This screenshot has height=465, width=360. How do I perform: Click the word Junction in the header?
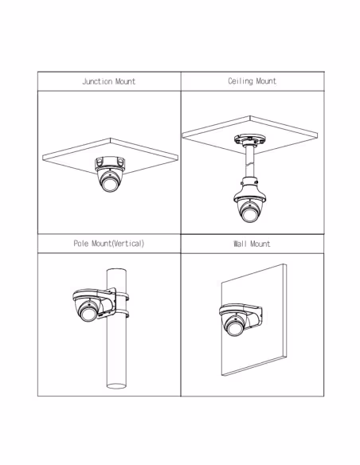pos(97,81)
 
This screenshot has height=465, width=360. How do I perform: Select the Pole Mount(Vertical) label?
pos(109,244)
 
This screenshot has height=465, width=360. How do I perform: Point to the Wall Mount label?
pos(252,244)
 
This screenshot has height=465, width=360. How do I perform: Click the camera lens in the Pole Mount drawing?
pos(88,314)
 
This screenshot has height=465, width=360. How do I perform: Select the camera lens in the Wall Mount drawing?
pos(234,329)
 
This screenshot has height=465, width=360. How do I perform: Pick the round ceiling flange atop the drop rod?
pos(249,139)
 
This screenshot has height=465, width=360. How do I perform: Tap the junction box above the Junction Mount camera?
pos(110,162)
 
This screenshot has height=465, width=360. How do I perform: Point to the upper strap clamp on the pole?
pos(122,296)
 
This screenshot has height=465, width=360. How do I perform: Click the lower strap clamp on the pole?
pos(122,313)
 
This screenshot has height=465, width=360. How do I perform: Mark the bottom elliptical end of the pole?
pos(116,386)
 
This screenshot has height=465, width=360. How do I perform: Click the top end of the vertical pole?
pos(116,270)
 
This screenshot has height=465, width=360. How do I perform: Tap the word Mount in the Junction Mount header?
pos(125,81)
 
